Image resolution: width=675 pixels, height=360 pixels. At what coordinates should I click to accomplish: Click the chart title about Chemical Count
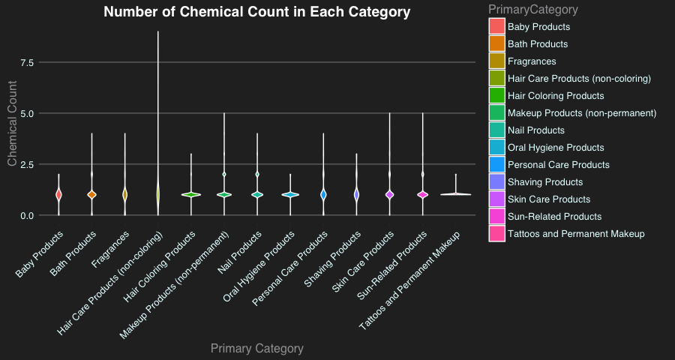(x=256, y=12)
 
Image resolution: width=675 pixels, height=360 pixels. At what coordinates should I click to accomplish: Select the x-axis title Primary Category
(x=256, y=348)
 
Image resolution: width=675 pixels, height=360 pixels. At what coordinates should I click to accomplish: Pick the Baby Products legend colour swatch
(x=496, y=27)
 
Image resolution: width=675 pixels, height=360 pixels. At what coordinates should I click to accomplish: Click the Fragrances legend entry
(x=532, y=61)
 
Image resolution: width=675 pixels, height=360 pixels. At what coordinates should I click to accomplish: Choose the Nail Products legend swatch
(x=496, y=130)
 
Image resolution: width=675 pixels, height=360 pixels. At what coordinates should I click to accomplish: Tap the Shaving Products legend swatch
(x=496, y=182)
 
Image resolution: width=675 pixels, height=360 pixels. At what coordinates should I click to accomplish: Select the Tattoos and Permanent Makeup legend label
(x=575, y=234)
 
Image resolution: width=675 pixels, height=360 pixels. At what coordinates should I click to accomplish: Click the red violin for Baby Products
(x=58, y=194)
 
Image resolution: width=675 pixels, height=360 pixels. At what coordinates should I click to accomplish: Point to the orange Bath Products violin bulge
(x=91, y=194)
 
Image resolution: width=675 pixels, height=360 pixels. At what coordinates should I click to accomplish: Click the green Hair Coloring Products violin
(x=191, y=194)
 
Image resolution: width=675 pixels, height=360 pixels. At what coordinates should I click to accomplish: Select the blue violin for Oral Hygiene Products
(x=290, y=194)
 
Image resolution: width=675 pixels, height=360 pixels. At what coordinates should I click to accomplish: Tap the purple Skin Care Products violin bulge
(x=389, y=194)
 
